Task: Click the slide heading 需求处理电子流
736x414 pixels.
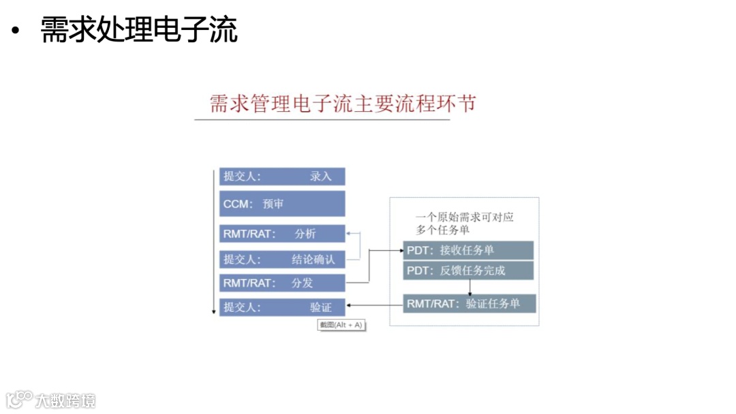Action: tap(139, 31)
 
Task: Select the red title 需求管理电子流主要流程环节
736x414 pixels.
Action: tap(342, 104)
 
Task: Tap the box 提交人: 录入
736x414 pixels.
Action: tap(282, 177)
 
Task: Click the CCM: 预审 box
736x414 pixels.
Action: tap(282, 203)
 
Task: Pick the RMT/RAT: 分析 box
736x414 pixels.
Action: tap(282, 234)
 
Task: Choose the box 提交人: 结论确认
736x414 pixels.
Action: tap(282, 259)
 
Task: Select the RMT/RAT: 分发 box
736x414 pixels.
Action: tap(282, 282)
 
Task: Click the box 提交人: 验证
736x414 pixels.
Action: tap(282, 308)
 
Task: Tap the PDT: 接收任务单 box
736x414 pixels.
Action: tap(468, 250)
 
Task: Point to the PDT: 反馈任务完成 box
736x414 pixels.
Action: tap(468, 271)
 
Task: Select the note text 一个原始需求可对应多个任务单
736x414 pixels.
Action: tap(464, 223)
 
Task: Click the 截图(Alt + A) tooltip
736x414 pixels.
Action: tap(341, 325)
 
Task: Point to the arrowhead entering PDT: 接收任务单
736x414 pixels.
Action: tap(400, 250)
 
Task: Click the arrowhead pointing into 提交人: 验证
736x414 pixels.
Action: tap(349, 306)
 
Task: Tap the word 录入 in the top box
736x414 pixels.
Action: tap(320, 177)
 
